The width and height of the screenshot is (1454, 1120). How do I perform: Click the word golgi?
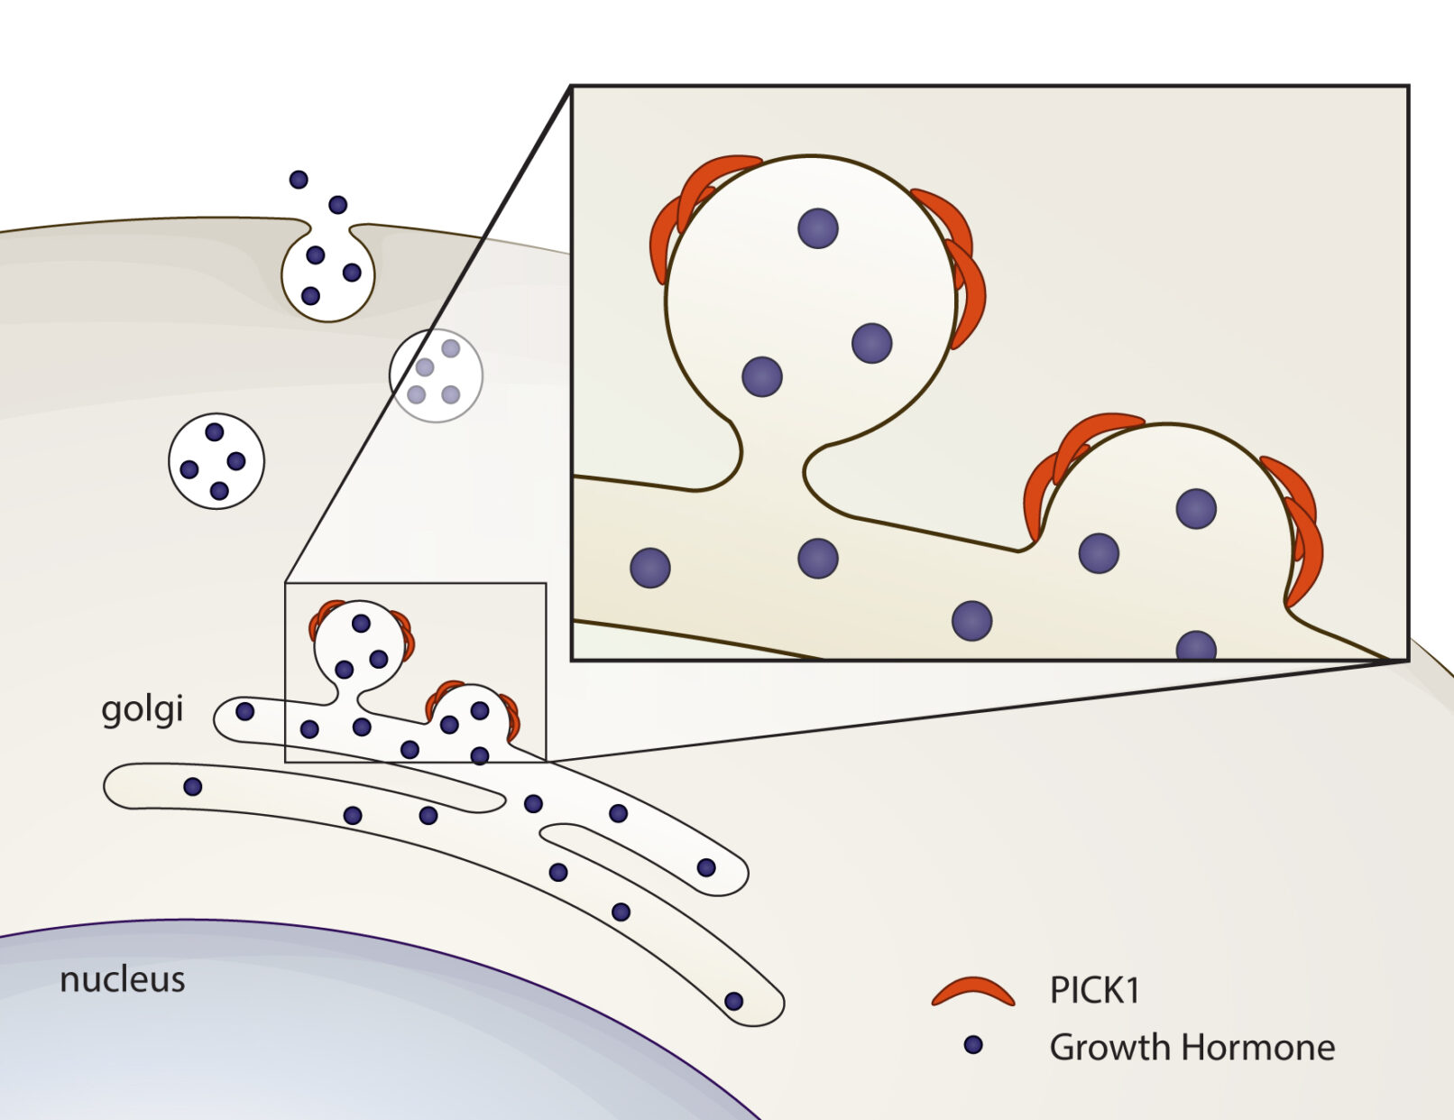coord(142,709)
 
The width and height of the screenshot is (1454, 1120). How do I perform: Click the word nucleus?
coord(122,979)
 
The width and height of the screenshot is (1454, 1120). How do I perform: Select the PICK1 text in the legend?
coord(1094,990)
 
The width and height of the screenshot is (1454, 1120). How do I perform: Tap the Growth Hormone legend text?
coord(1192,1047)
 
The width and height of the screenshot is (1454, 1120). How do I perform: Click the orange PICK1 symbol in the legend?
coord(972,992)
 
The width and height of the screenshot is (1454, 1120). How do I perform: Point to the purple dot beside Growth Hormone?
coord(972,1045)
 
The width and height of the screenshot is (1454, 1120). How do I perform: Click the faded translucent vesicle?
coord(436,375)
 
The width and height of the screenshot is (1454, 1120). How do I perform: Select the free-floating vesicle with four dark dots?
coord(216,461)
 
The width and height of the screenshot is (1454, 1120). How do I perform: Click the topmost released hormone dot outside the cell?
coord(299,180)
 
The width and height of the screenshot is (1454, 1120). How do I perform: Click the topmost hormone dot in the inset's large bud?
coord(818,228)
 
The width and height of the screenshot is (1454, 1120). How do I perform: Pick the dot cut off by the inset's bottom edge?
coord(1196,647)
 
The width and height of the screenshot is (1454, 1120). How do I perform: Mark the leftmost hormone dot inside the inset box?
coord(649,568)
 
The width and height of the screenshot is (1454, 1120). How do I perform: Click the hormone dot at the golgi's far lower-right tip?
coord(733,1001)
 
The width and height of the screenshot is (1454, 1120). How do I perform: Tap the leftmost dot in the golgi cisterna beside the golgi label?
coord(244,712)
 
